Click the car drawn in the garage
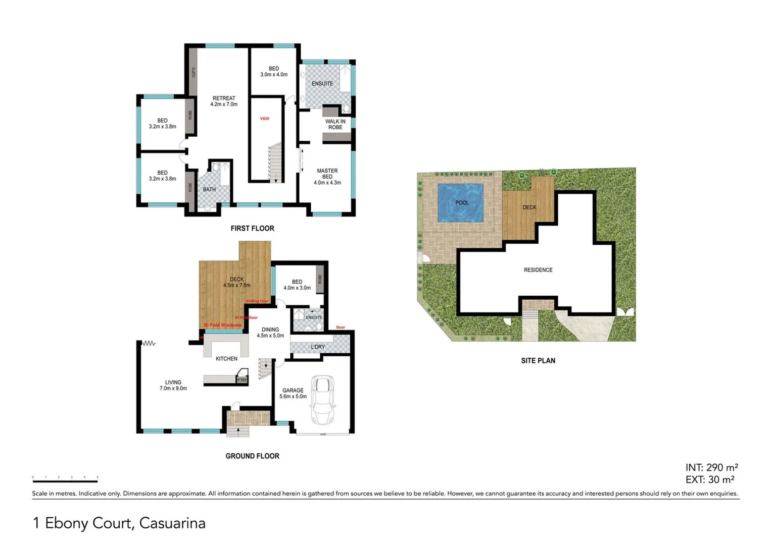(x=322, y=400)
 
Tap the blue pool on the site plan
(x=460, y=203)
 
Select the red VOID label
(x=265, y=119)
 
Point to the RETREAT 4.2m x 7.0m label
(x=224, y=101)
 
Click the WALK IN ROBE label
(x=335, y=124)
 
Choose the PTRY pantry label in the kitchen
(x=242, y=380)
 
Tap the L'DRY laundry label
(x=318, y=347)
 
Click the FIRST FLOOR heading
(x=252, y=229)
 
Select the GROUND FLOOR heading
(x=252, y=456)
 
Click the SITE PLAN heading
(x=538, y=361)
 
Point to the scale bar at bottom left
(x=65, y=480)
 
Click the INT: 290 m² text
(x=711, y=468)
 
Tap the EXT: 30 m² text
(x=710, y=480)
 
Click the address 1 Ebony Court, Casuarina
(x=119, y=523)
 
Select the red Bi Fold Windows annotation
(x=222, y=325)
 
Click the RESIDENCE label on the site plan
(x=538, y=270)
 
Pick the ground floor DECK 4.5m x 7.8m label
(x=237, y=282)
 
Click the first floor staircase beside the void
(x=275, y=162)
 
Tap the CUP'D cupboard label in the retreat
(x=194, y=73)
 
